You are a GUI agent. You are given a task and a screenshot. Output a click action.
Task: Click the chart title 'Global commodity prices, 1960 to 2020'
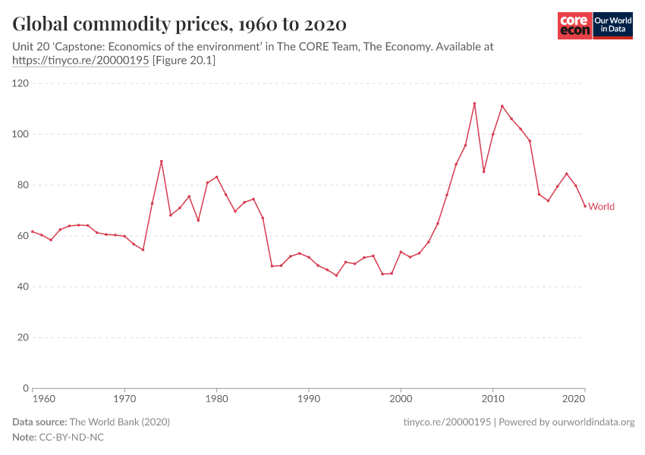pos(179,24)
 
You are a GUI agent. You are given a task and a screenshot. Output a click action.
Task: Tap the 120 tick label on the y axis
pos(20,83)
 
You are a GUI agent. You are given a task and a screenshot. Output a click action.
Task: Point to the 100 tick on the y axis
pos(20,134)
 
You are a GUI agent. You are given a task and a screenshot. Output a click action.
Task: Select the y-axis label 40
pos(23,287)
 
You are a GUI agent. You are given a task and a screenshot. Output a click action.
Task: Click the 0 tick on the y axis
pos(26,388)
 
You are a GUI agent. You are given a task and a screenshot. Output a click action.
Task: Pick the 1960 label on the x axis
pos(44,397)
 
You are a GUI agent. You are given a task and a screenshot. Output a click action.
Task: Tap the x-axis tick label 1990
pos(309,397)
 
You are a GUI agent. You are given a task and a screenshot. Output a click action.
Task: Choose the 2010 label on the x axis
pos(493,397)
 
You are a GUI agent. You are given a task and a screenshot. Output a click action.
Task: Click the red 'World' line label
pos(601,206)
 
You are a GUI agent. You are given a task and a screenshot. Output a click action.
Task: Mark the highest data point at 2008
pos(474,103)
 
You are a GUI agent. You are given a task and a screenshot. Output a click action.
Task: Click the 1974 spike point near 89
pos(162,161)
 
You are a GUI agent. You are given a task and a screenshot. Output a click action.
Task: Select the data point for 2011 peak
pos(502,106)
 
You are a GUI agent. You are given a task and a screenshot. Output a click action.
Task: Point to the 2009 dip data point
pos(483,171)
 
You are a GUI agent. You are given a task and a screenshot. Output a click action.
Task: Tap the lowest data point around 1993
pos(336,275)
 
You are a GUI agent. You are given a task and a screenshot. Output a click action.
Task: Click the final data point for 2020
pos(585,206)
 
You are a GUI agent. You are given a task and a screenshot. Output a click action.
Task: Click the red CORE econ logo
pos(574,26)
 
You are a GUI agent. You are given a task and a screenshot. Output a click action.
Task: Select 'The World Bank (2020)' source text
pos(119,422)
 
